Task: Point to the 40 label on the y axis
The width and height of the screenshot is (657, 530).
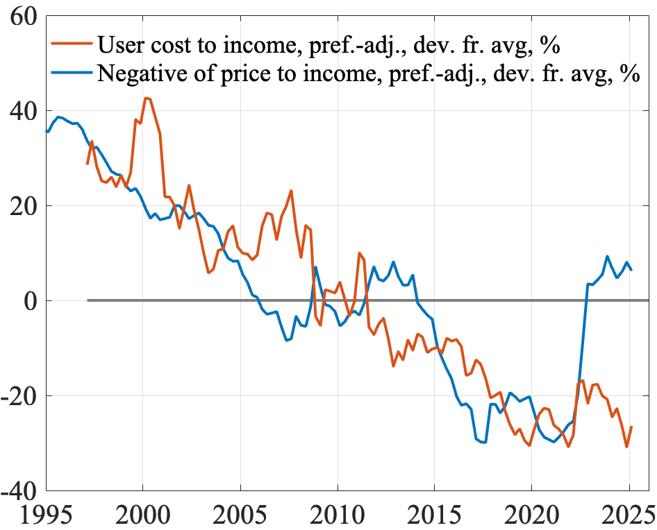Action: point(24,111)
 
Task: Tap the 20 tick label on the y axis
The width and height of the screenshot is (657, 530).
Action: point(24,206)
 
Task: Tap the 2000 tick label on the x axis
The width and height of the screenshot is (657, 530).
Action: point(142,514)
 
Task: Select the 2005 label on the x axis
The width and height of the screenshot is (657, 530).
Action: point(240,514)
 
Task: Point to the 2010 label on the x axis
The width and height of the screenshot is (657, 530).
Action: point(337,514)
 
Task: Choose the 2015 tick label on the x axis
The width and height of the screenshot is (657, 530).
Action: point(434,514)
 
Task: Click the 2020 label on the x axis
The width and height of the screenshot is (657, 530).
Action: point(531,514)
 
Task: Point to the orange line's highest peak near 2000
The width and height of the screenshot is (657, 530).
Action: point(147,98)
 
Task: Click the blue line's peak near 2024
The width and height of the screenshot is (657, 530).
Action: point(607,256)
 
